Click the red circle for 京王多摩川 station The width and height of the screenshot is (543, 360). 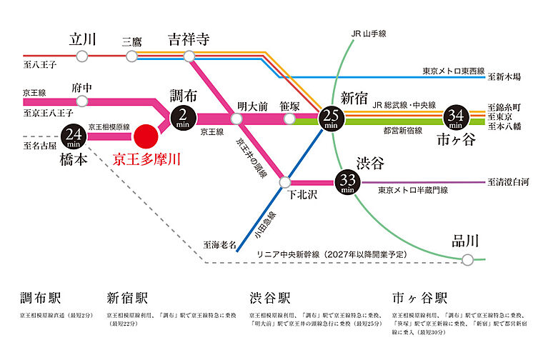pyautogui.click(x=146, y=135)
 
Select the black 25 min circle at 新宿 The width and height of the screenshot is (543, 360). pyautogui.click(x=330, y=116)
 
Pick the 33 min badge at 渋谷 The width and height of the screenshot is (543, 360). pyautogui.click(x=347, y=181)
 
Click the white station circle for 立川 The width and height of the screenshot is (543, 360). pyautogui.click(x=83, y=56)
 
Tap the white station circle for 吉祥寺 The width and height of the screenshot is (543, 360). pyautogui.click(x=189, y=56)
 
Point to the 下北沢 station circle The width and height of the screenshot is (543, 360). pyautogui.click(x=285, y=182)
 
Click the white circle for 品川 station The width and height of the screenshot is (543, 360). pyautogui.click(x=467, y=260)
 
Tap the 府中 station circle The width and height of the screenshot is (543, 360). pyautogui.click(x=80, y=101)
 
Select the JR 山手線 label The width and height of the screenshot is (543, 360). pyautogui.click(x=369, y=33)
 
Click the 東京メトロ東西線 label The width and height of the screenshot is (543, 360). pyautogui.click(x=453, y=71)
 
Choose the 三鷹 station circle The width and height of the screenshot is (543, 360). pyautogui.click(x=131, y=56)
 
